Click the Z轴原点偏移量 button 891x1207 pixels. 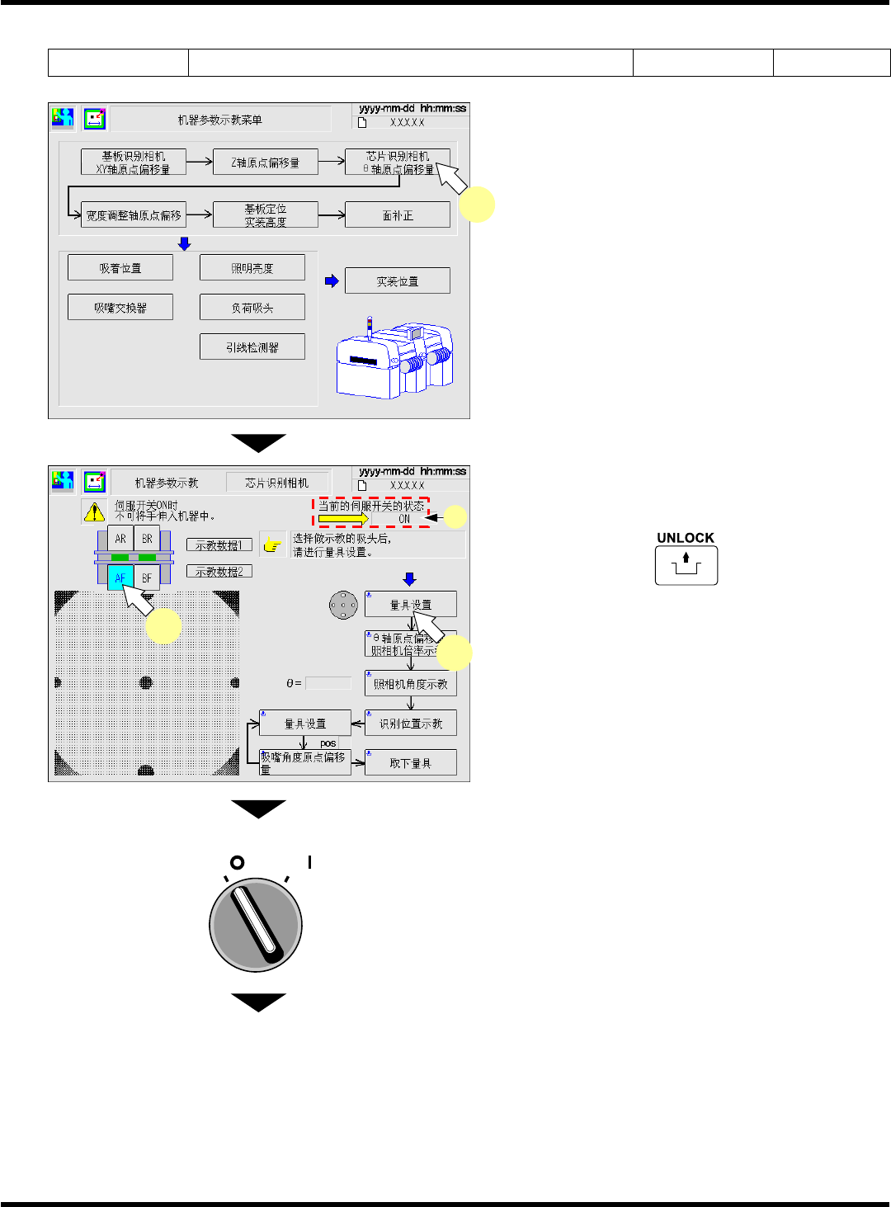click(x=265, y=162)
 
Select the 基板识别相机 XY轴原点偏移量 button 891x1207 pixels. click(x=133, y=162)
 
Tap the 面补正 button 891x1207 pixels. click(x=397, y=215)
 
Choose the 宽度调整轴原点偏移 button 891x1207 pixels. click(x=133, y=215)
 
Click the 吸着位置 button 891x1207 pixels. click(x=120, y=267)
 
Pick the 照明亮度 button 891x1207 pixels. click(x=252, y=267)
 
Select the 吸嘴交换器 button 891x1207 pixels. click(x=120, y=307)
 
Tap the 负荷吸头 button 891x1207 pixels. click(x=252, y=307)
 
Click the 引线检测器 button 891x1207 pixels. click(x=252, y=347)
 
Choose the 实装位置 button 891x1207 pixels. click(x=397, y=281)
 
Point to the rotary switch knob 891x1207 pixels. click(x=256, y=924)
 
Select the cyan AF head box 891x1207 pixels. click(x=120, y=578)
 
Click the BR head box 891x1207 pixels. click(x=147, y=539)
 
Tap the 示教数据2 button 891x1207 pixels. click(x=219, y=571)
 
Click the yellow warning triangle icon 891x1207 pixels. click(x=94, y=512)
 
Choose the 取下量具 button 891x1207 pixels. click(x=410, y=762)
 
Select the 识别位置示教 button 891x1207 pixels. click(x=410, y=723)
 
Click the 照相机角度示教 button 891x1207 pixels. click(x=410, y=683)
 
